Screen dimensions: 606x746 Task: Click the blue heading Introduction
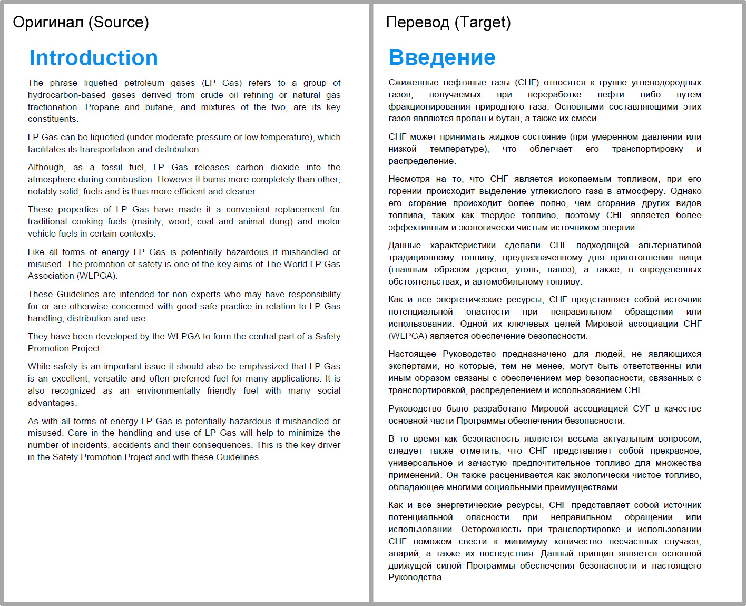[x=93, y=58]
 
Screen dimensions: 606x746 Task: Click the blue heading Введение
[x=441, y=57]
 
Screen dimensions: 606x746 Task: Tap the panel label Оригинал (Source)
[x=81, y=22]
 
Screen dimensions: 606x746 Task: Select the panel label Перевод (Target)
[x=448, y=22]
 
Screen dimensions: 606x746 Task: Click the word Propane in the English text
[x=102, y=107]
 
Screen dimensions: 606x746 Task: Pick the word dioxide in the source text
[x=284, y=167]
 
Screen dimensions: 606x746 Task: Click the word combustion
[x=129, y=179]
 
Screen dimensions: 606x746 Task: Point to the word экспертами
[x=413, y=366]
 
